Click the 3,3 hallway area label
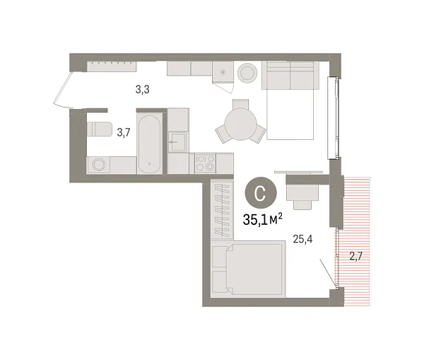pyautogui.click(x=142, y=90)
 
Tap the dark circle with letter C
pyautogui.click(x=259, y=192)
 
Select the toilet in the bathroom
pyautogui.click(x=99, y=130)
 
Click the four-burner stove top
pyautogui.click(x=205, y=164)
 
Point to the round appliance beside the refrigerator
pyautogui.click(x=247, y=73)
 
